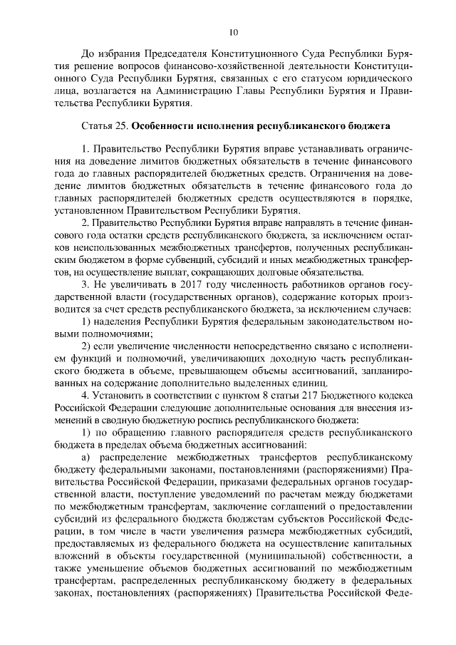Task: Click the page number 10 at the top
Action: [x=233, y=31]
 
